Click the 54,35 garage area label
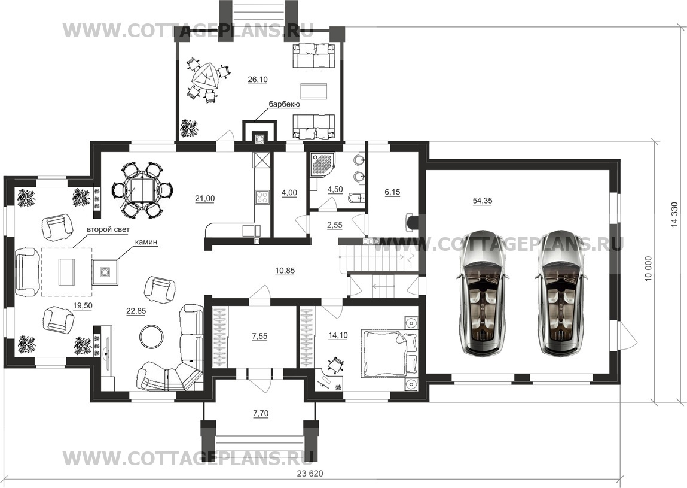click(x=483, y=201)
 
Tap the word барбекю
click(x=284, y=104)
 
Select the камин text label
click(x=146, y=242)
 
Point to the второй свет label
click(x=108, y=229)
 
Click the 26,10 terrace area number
click(x=258, y=80)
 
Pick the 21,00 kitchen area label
click(x=205, y=199)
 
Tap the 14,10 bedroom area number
click(x=338, y=336)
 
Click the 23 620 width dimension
click(x=310, y=474)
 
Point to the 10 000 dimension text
click(x=648, y=269)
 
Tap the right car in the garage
click(x=561, y=292)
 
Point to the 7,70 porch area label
click(x=260, y=413)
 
